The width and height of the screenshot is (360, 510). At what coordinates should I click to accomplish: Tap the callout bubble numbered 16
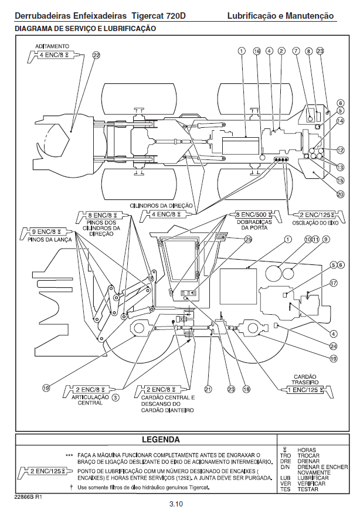257,52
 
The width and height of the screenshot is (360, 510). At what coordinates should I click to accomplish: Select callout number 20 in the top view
340,194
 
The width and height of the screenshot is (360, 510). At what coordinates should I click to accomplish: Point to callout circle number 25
249,239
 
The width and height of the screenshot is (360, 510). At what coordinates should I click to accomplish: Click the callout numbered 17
334,283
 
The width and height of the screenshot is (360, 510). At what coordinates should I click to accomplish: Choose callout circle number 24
333,346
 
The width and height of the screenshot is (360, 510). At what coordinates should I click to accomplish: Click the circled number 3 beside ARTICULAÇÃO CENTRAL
116,397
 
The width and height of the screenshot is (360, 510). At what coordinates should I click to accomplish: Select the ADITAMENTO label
53,45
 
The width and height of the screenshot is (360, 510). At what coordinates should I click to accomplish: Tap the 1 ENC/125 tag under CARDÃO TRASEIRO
303,389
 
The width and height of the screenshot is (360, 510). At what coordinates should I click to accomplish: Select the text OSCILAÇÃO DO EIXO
316,223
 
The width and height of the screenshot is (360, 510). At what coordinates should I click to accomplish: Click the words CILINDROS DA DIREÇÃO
162,205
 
